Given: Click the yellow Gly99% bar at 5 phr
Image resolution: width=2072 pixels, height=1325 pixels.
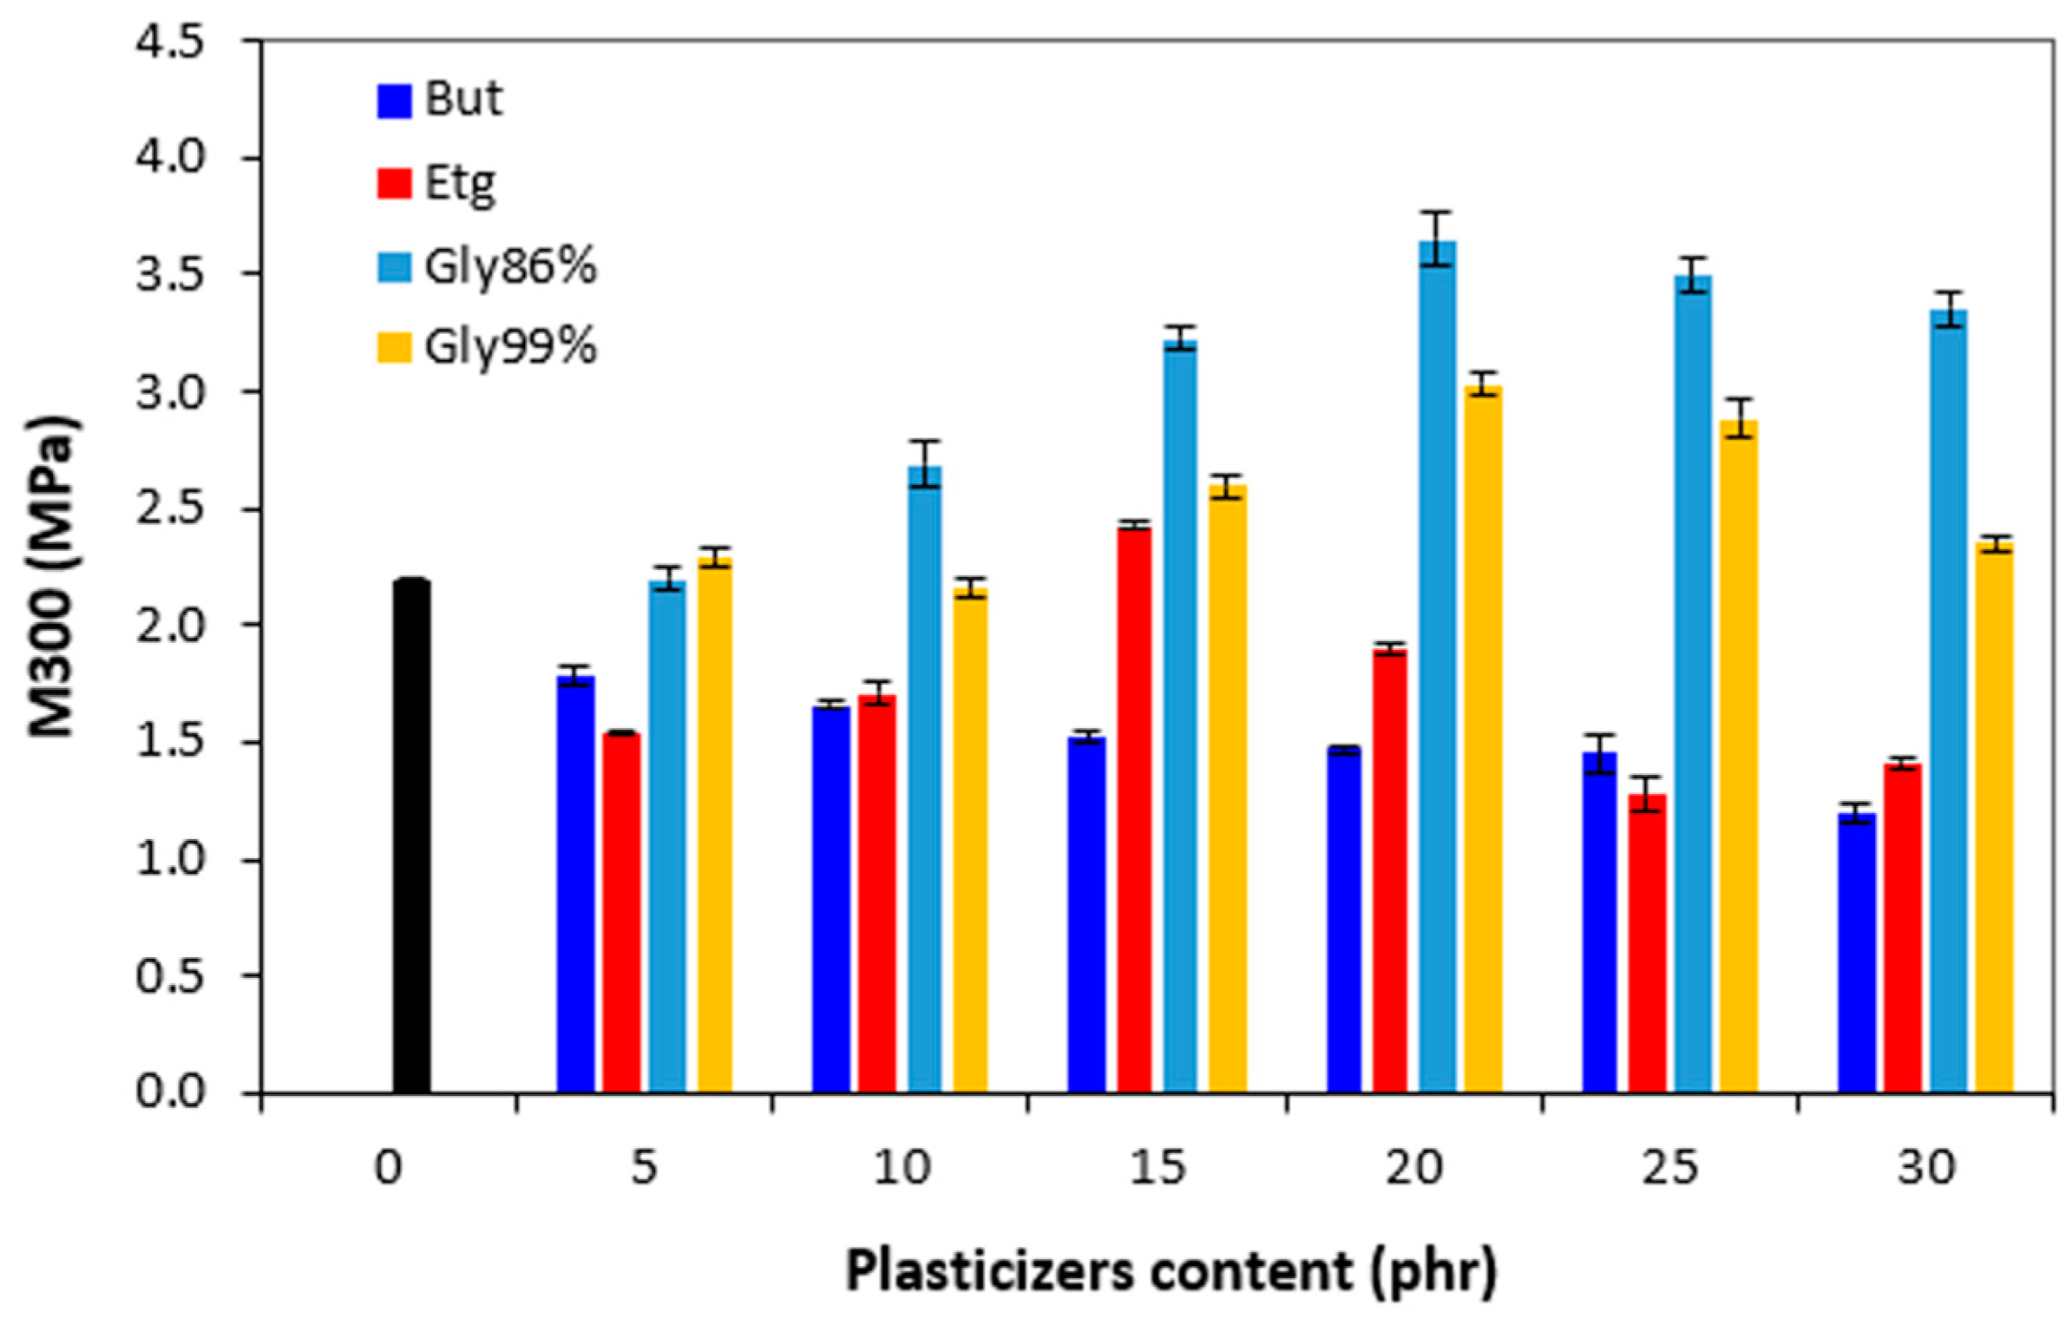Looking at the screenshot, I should pyautogui.click(x=714, y=824).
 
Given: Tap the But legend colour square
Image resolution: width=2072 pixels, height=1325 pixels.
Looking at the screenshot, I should pyautogui.click(x=394, y=101).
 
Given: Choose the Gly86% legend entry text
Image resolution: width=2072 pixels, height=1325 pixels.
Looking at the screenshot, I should pyautogui.click(x=510, y=266).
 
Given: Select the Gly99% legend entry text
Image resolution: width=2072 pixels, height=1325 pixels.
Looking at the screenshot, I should pyautogui.click(x=510, y=347).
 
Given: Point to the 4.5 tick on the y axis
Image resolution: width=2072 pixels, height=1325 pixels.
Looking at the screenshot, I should pyautogui.click(x=170, y=42).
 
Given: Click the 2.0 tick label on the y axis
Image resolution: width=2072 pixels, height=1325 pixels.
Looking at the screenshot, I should pyautogui.click(x=170, y=626).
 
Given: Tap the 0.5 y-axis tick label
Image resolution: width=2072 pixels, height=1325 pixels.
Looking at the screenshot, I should pyautogui.click(x=170, y=976).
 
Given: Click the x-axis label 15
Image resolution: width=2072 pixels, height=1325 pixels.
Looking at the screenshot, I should pyautogui.click(x=1157, y=1168).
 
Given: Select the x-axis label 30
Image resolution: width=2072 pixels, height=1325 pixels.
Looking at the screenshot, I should pyautogui.click(x=1925, y=1168).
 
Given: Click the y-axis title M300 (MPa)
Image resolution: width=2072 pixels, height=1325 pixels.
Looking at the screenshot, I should pyautogui.click(x=52, y=577).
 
